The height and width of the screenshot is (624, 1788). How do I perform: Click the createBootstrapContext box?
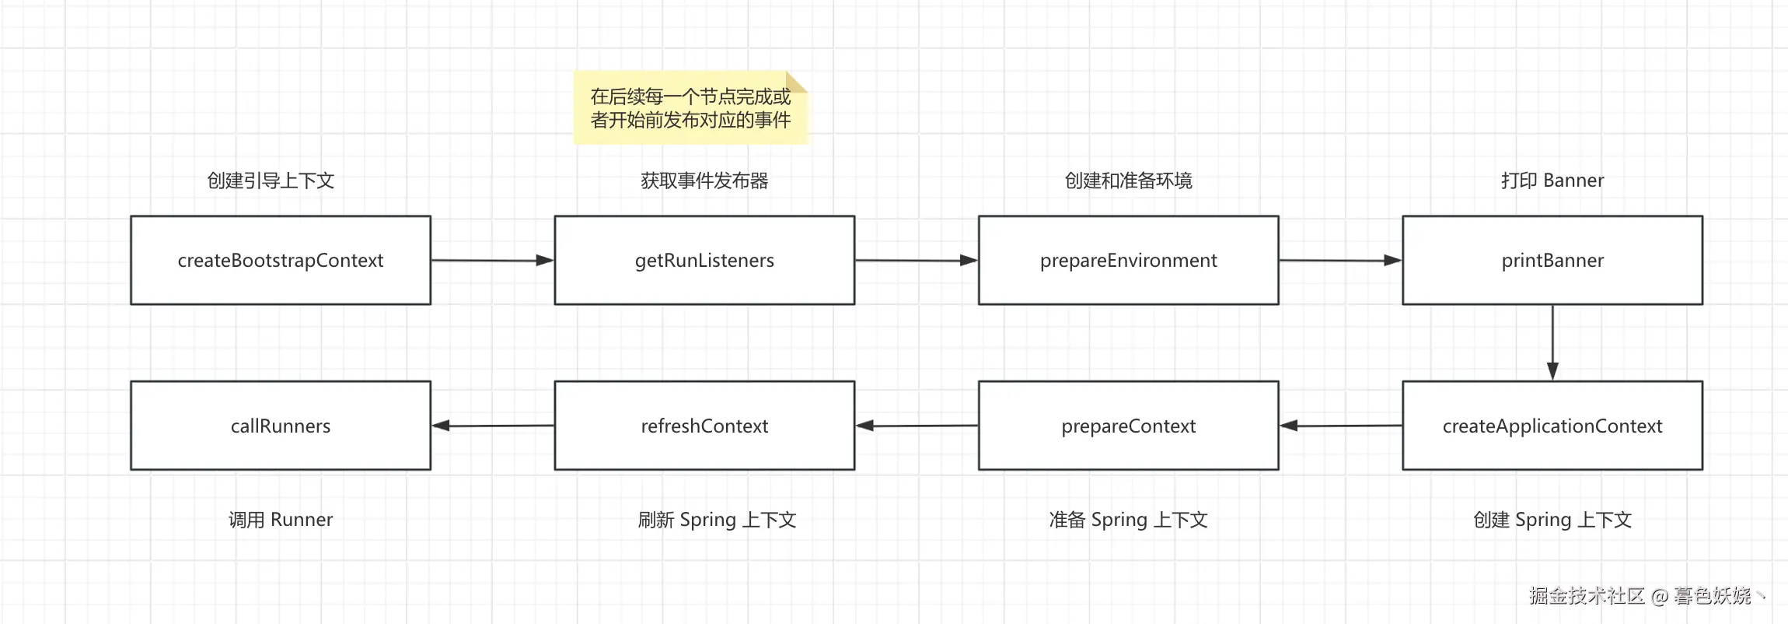[281, 260]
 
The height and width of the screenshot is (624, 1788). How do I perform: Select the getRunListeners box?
[704, 260]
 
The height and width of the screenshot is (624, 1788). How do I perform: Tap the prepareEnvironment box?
[1128, 260]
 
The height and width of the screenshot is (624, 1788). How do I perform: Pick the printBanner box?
[1552, 260]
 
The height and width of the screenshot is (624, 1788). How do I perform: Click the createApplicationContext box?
[1552, 426]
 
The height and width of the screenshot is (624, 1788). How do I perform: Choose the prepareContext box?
[1128, 426]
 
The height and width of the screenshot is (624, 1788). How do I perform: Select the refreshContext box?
[704, 426]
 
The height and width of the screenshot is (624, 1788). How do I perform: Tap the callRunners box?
[281, 426]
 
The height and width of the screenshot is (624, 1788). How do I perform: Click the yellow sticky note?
[690, 108]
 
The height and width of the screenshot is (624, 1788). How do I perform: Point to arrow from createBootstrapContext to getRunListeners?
[492, 261]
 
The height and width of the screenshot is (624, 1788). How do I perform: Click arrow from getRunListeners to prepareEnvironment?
[916, 261]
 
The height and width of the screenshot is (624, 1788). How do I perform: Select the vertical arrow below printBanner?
[1552, 342]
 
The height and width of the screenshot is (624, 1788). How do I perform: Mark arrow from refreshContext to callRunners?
[493, 426]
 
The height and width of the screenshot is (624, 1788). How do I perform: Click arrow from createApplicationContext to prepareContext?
[1340, 426]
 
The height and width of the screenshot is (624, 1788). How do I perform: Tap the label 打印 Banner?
[1552, 181]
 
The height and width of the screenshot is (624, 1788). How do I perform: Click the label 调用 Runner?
[281, 520]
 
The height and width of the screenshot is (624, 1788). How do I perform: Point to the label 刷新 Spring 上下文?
[717, 520]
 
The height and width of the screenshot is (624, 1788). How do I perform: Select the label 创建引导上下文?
[271, 181]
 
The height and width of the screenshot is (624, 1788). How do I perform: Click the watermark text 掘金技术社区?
[1586, 596]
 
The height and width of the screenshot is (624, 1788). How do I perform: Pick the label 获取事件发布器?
[704, 181]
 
